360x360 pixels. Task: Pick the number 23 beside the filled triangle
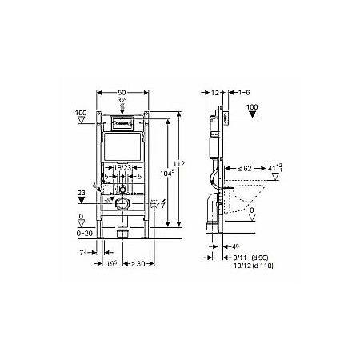coord(82,192)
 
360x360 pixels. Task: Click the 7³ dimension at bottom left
coord(84,252)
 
